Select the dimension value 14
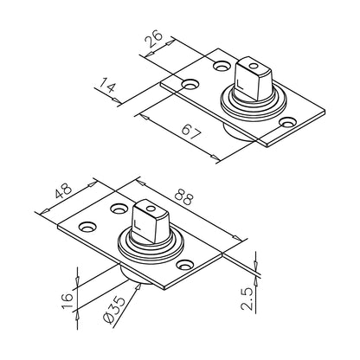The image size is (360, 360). point(107,87)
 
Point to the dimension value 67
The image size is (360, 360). point(191,132)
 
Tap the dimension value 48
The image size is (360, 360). point(64,192)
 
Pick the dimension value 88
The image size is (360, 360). point(183,196)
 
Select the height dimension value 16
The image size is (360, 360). point(67,301)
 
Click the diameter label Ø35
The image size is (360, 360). point(113,310)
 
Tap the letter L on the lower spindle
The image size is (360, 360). point(138,225)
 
